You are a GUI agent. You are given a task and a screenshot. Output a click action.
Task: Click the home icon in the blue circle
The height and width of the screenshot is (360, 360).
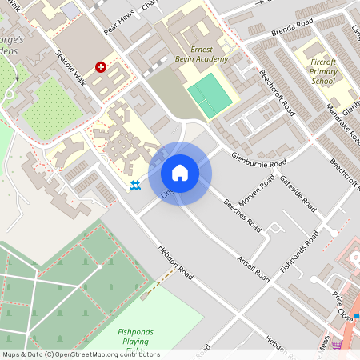pyautogui.click(x=180, y=173)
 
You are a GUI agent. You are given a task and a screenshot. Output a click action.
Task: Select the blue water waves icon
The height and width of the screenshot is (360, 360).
pyautogui.click(x=135, y=186)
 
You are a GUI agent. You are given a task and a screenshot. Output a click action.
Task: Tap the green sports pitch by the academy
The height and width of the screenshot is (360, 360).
pyautogui.click(x=209, y=94)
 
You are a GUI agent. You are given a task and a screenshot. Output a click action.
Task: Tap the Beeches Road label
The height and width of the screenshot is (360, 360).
pyautogui.click(x=242, y=214)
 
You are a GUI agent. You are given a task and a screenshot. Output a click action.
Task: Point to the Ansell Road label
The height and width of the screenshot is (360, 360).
pyautogui.click(x=253, y=265)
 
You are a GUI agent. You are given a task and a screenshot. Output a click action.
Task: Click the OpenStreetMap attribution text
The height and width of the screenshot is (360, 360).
pyautogui.click(x=80, y=354)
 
